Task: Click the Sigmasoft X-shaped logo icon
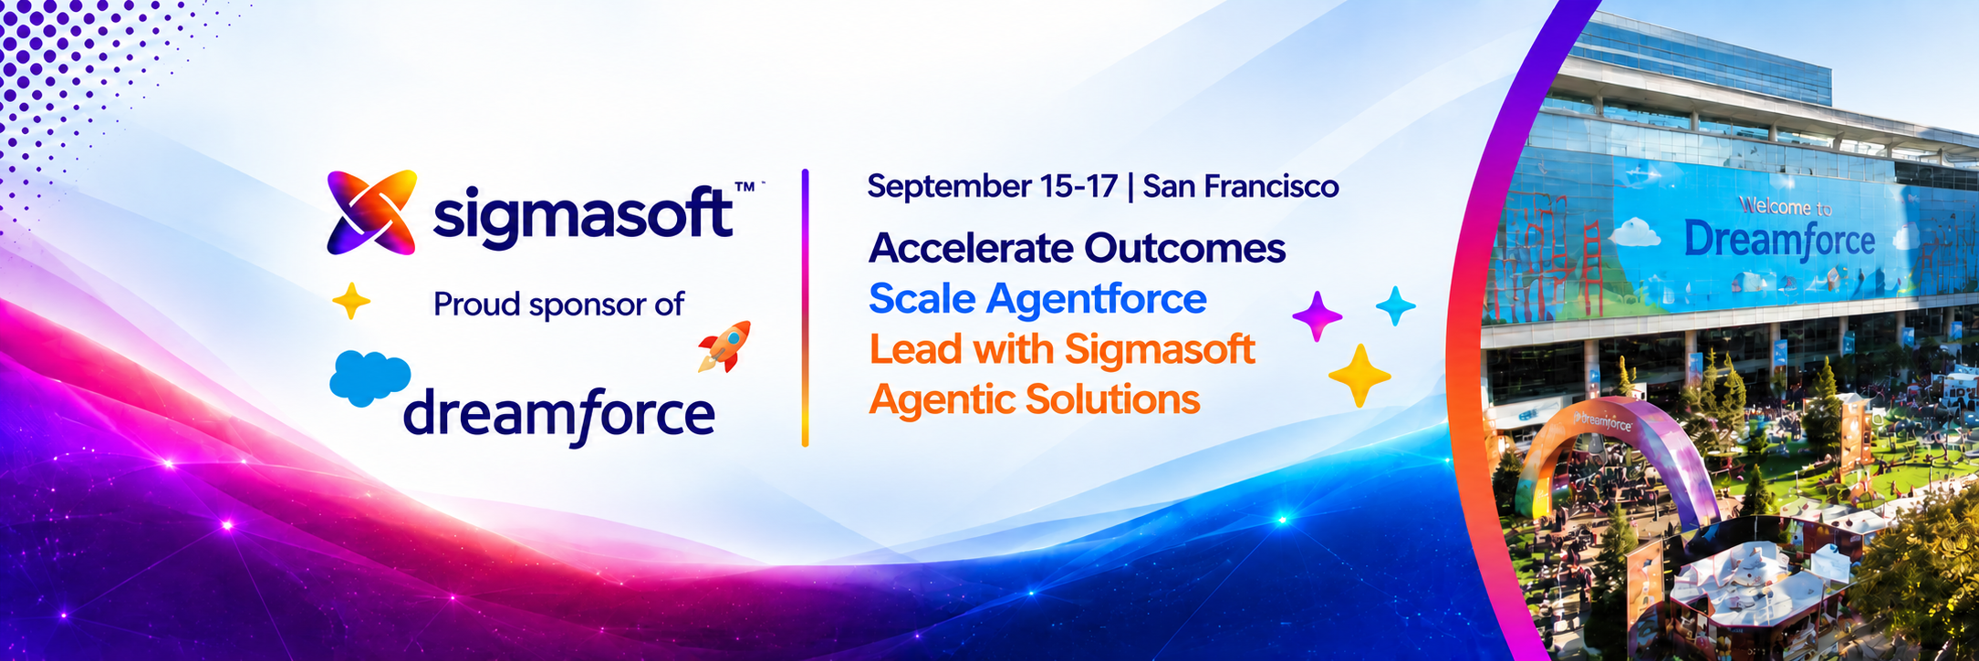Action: pos(372,212)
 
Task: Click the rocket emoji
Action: pos(724,346)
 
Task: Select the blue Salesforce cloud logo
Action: pos(370,377)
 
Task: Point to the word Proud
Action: pos(477,304)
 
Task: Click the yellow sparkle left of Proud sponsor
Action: pos(351,301)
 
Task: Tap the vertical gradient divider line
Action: pos(805,307)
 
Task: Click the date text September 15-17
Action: pos(992,187)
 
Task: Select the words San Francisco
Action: pos(1241,186)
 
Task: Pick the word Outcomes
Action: pos(1185,248)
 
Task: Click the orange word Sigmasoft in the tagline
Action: pos(1160,350)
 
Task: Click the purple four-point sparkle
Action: pos(1318,316)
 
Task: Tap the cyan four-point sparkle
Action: pos(1395,305)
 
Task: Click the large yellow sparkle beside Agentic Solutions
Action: pos(1359,376)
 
